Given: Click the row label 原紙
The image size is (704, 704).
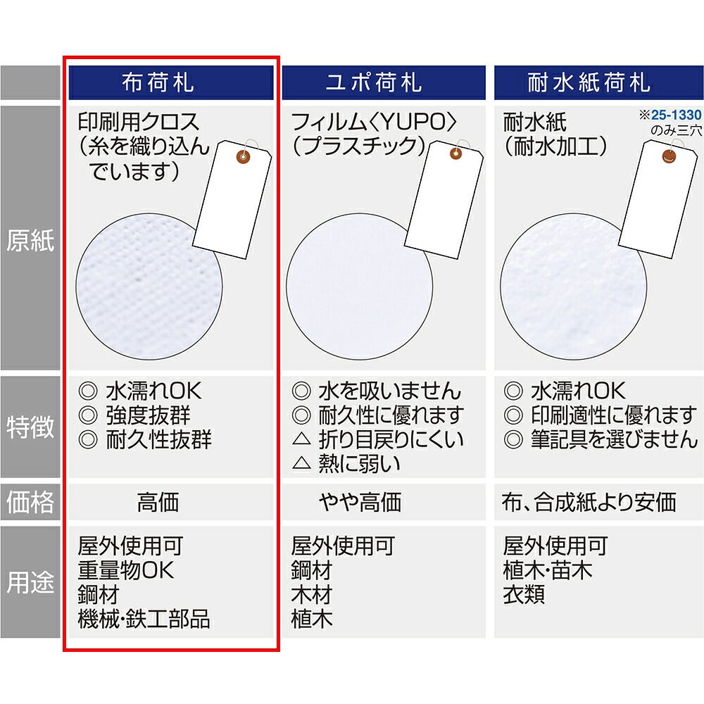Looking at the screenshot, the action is (30, 241).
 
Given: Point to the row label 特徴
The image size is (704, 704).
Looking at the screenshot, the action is (30, 427).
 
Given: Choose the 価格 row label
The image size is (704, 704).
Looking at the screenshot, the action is (30, 501).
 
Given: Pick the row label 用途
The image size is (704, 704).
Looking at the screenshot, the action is (30, 582).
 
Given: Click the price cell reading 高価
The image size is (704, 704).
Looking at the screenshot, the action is (158, 502).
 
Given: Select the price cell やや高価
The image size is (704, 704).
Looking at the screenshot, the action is (360, 502).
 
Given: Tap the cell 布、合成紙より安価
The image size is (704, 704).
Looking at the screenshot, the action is (589, 502).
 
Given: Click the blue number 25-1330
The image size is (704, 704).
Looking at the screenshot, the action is (676, 115).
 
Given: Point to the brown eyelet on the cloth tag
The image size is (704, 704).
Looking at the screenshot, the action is (244, 157).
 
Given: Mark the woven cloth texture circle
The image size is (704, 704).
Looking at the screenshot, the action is (149, 287).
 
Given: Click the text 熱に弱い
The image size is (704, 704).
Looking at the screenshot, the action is (359, 463).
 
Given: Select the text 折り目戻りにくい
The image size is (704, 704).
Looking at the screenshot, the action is (391, 439).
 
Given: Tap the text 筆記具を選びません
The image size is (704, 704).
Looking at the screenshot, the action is (614, 439).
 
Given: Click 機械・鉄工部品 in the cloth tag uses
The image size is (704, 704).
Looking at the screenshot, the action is (144, 619).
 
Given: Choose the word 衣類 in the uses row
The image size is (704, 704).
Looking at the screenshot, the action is (524, 594).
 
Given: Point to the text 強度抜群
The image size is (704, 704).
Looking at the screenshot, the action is (148, 415).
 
